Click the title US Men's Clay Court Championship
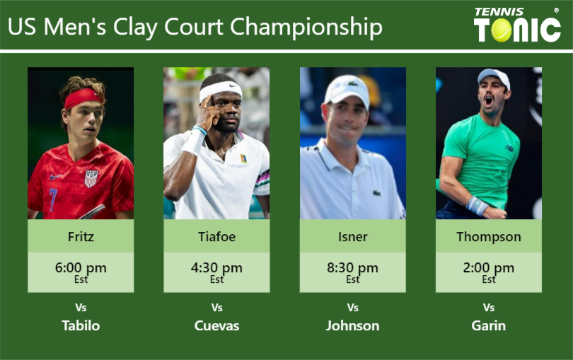point(195,27)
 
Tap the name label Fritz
point(81,236)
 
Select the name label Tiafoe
point(216,236)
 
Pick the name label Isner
point(352,236)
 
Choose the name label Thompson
point(489,236)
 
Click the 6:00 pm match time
point(81,268)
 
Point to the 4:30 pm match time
point(216,268)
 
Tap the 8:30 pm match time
point(352,268)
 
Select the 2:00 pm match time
point(489,268)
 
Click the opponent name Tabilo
point(81,325)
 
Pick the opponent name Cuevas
point(216,325)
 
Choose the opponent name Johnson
point(352,325)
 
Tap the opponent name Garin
point(489,325)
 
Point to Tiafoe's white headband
point(219,90)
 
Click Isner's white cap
point(347,89)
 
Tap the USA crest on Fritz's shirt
point(91,178)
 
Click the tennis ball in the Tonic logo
point(502,30)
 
